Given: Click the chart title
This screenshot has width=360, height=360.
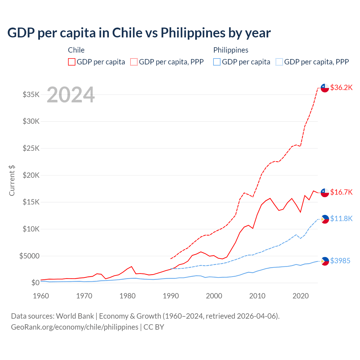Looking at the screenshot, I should coord(139,33).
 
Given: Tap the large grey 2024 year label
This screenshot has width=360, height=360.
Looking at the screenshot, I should coord(71,95).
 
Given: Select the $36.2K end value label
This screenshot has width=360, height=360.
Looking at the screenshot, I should coord(341,87).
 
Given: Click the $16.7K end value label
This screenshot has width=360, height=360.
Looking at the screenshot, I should coord(341,192).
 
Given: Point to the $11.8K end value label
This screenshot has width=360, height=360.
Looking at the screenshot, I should coord(341,219).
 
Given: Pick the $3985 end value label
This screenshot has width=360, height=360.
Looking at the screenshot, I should coord(340,261).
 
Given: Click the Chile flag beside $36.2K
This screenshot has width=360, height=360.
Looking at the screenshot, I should coord(325,88).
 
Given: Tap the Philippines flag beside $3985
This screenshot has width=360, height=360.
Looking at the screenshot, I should coord(325,261).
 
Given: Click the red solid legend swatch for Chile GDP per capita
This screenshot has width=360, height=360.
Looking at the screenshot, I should coord(72,62).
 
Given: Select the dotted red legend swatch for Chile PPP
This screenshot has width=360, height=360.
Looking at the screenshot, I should coord(134,62).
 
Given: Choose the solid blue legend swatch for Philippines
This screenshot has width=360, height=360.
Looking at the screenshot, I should coord(217,62).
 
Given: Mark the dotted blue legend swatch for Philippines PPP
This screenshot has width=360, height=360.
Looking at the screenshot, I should coord(279,62).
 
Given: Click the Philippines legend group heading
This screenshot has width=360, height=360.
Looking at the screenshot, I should coord(231,50).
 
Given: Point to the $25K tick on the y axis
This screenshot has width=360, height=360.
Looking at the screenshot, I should coord(31,148).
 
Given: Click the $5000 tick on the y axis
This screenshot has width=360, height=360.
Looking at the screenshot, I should coord(29,256).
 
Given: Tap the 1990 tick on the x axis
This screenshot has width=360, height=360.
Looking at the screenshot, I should coord(171,296).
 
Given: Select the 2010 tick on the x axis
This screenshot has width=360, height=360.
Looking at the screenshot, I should coord(257,296).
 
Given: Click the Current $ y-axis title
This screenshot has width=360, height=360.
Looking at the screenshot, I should coord(12,181).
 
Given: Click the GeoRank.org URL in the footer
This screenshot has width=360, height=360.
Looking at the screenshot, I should coord(75,327).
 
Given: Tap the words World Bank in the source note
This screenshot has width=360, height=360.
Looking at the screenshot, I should coord(75,316).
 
